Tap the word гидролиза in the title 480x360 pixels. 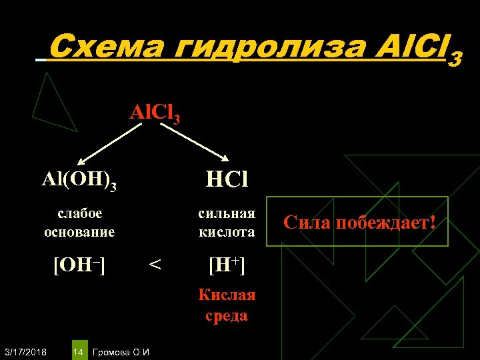[x=261, y=48]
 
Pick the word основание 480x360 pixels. [x=79, y=232]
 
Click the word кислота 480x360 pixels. [x=227, y=232]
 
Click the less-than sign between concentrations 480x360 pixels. [x=155, y=266]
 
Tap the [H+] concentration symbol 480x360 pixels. [x=227, y=266]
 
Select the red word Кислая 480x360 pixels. [x=227, y=295]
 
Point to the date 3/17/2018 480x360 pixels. [x=25, y=351]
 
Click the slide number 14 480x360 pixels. [x=77, y=351]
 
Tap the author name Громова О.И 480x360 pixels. [x=121, y=351]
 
